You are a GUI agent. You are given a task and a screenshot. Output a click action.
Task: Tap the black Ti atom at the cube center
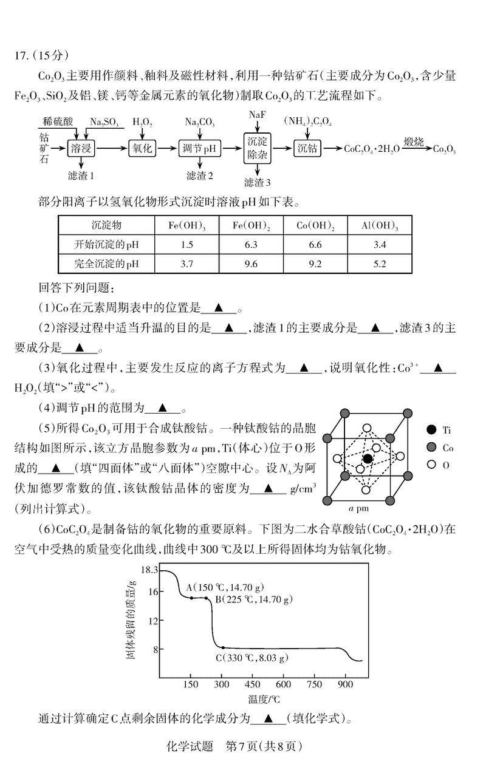368,459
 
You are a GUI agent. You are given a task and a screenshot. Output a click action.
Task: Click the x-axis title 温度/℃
263,699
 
